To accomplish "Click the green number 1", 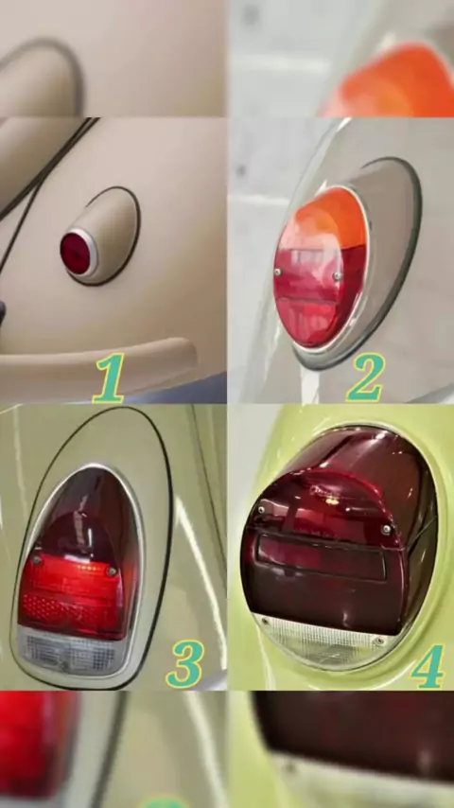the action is [x=110, y=378].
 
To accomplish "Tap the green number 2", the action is [x=366, y=378].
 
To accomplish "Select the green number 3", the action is [x=185, y=664].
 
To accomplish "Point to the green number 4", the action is [x=428, y=665].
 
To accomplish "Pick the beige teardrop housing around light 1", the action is [x=107, y=236].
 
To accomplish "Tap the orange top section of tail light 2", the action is [x=329, y=218].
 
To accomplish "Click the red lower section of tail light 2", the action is [x=316, y=298].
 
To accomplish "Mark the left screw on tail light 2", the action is [x=278, y=272].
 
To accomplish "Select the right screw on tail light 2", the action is [x=337, y=275].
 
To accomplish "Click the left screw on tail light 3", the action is [x=36, y=559].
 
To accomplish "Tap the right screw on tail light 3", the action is [x=111, y=571].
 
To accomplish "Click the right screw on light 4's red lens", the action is [x=386, y=528].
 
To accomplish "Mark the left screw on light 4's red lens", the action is [x=262, y=509].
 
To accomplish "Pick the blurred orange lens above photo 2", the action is [x=392, y=81].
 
